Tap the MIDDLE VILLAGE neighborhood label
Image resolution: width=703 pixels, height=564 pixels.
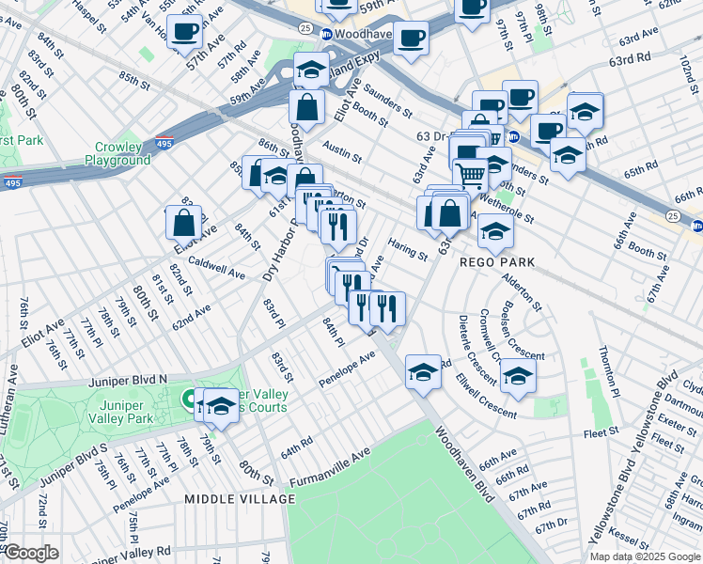point(239,498)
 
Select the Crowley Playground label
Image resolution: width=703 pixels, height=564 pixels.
point(122,154)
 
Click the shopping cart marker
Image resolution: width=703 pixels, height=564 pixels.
point(471,174)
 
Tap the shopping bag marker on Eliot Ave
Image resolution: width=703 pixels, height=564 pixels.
point(183,223)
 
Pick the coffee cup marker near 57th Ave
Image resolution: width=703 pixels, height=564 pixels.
point(183,32)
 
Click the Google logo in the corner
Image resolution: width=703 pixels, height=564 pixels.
point(31,553)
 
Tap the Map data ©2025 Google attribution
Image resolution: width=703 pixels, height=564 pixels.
point(644,556)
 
